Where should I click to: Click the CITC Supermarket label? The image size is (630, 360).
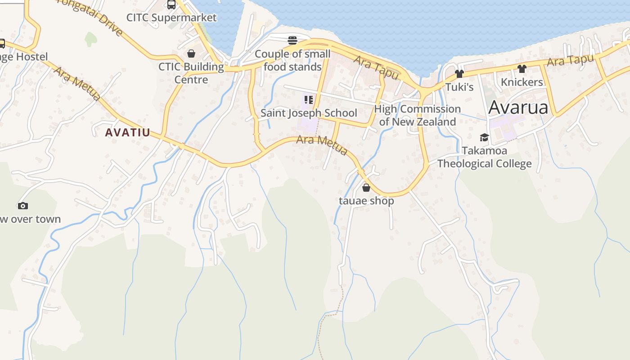click(x=171, y=18)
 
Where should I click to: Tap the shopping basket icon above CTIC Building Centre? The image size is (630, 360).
click(x=191, y=54)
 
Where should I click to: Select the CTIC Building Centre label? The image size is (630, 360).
click(x=191, y=73)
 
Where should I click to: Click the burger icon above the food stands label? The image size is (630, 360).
click(x=292, y=40)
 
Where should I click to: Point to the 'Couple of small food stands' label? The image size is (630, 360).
click(x=292, y=60)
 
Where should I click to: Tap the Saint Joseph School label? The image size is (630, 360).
click(x=309, y=113)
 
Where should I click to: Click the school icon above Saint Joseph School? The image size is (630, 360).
click(x=308, y=100)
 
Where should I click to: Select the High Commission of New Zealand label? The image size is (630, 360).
click(x=418, y=115)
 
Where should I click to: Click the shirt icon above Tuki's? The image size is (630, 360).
click(x=459, y=74)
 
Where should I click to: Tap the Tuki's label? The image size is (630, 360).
click(x=459, y=87)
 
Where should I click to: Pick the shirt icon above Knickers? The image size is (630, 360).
click(x=522, y=69)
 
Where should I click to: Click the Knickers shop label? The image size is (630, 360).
click(x=522, y=82)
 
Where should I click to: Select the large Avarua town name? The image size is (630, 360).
click(x=518, y=108)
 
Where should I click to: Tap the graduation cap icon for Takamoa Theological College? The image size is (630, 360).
click(x=484, y=138)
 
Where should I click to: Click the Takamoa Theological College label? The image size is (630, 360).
click(x=484, y=157)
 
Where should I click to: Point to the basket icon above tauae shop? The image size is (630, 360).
click(x=366, y=188)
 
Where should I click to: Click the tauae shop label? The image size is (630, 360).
click(x=366, y=201)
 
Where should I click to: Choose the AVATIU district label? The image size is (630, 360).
click(x=127, y=133)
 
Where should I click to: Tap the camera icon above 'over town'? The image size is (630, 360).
click(x=22, y=206)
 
